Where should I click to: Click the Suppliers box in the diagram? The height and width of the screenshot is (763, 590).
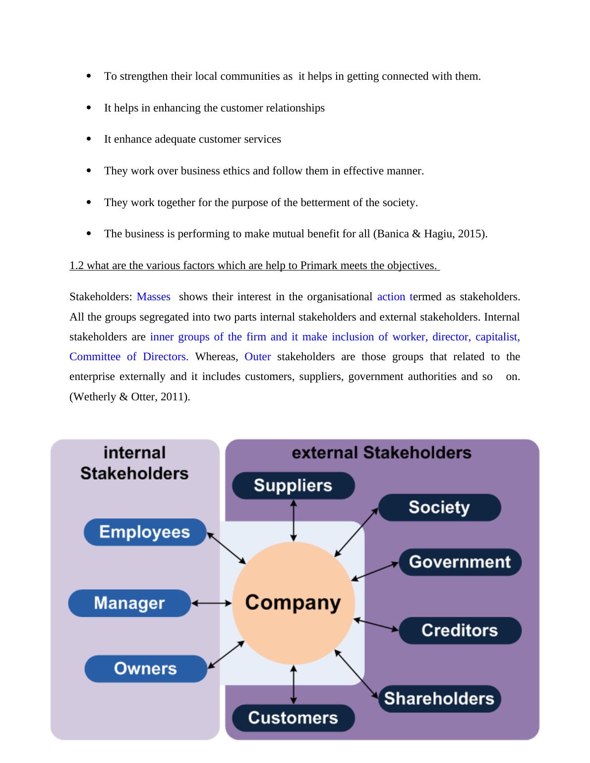pyautogui.click(x=293, y=486)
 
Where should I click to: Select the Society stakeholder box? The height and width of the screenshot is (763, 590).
pyautogui.click(x=439, y=507)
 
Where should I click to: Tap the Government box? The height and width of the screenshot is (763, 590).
pyautogui.click(x=460, y=562)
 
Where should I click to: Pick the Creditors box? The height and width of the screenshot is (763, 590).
pyautogui.click(x=460, y=630)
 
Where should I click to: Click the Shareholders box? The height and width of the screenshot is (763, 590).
pyautogui.click(x=439, y=699)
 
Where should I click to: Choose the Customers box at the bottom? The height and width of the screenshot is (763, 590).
pyautogui.click(x=293, y=718)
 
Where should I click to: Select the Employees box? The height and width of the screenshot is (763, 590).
pyautogui.click(x=145, y=532)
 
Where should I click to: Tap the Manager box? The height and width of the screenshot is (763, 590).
pyautogui.click(x=129, y=603)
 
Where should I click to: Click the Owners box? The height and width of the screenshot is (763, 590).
pyautogui.click(x=145, y=669)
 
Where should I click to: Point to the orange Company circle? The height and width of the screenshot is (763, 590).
pyautogui.click(x=293, y=603)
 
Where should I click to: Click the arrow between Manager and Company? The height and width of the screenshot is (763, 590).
pyautogui.click(x=212, y=603)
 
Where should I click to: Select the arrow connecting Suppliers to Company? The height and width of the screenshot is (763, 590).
pyautogui.click(x=294, y=520)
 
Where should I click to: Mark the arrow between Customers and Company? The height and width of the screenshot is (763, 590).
pyautogui.click(x=294, y=685)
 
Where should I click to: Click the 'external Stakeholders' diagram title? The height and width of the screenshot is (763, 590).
pyautogui.click(x=381, y=452)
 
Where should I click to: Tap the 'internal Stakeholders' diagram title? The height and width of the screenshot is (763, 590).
pyautogui.click(x=134, y=463)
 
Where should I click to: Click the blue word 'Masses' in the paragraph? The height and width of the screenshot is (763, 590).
pyautogui.click(x=153, y=297)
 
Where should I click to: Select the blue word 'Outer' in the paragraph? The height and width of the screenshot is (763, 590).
pyautogui.click(x=257, y=357)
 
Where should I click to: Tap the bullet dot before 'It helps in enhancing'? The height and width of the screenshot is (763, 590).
pyautogui.click(x=89, y=108)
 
